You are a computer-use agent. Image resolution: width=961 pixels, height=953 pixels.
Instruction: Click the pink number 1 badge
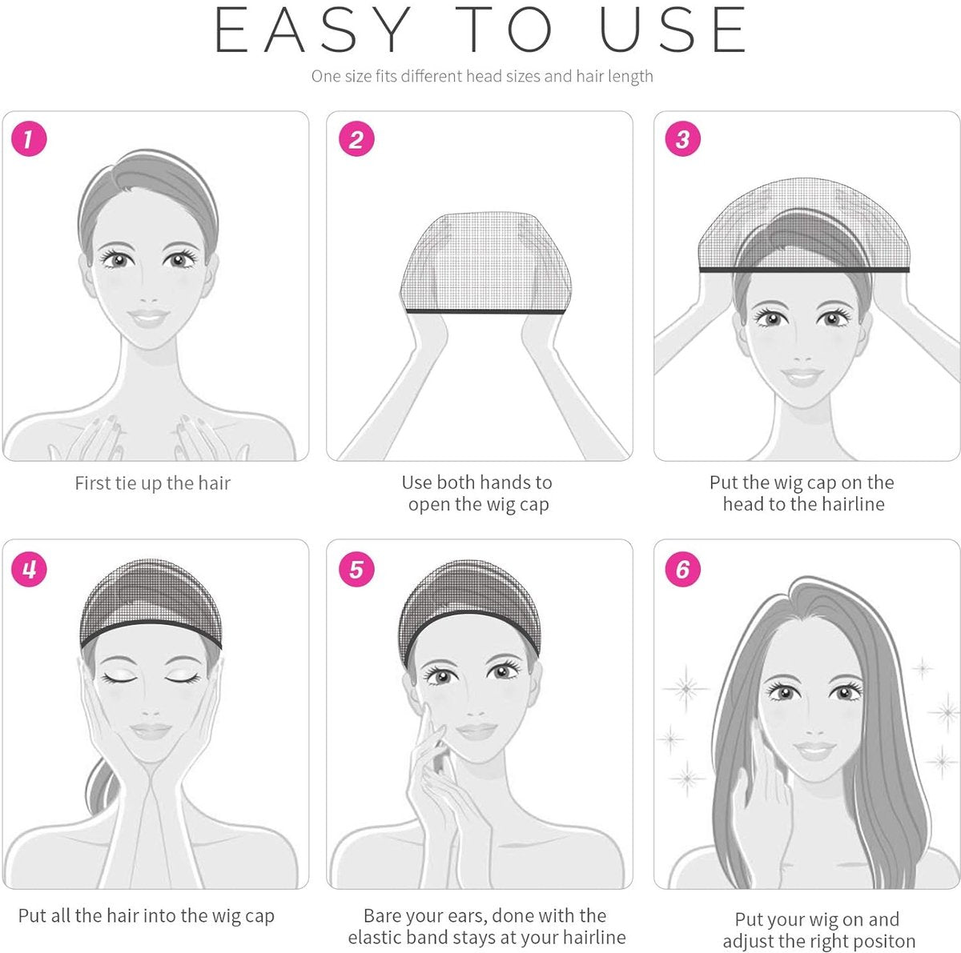point(29,139)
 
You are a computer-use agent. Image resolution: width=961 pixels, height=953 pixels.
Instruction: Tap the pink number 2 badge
point(356,139)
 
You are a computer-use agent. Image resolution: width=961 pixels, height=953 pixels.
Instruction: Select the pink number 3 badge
point(682,139)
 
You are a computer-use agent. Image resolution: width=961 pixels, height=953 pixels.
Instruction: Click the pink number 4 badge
point(29,570)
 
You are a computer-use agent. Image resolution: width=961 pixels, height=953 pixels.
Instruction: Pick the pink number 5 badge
point(356,570)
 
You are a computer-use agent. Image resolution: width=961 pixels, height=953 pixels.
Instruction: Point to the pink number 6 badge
point(682,570)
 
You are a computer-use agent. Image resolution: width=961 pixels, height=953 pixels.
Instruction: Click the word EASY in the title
point(313,30)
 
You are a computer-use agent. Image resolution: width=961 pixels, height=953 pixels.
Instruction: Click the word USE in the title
point(673,30)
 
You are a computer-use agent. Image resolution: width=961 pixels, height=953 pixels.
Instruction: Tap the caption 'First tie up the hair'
point(152,483)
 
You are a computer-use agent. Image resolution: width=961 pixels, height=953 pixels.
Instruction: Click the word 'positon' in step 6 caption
point(879,941)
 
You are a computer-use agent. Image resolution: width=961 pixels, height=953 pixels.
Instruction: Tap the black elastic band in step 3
point(804,270)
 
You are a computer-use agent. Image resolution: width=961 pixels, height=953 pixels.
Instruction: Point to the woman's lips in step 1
point(149,318)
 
